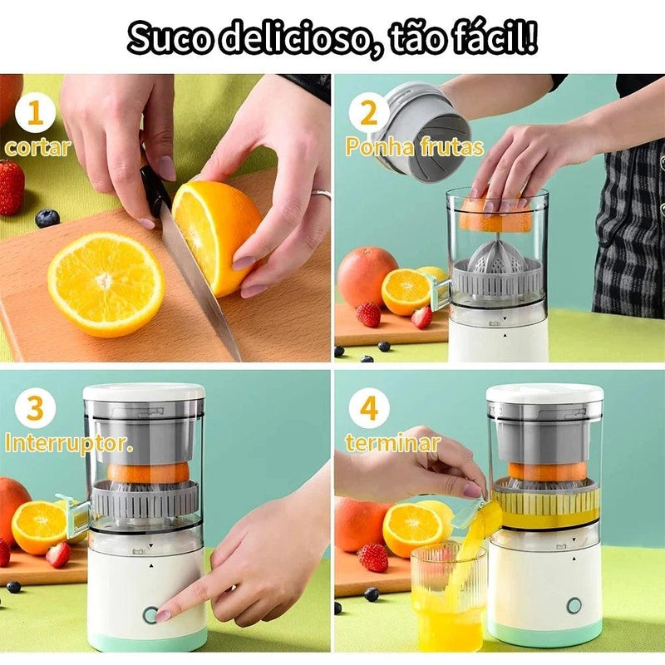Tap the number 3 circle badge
click(x=35, y=406)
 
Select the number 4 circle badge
click(x=368, y=407)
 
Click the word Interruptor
click(x=68, y=443)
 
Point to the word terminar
click(x=392, y=443)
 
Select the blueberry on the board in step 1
click(x=47, y=218)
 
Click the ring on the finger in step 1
click(x=322, y=194)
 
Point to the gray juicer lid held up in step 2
click(x=420, y=125)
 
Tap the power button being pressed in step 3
click(x=150, y=614)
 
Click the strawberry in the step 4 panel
click(x=373, y=557)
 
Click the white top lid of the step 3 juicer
click(x=144, y=392)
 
